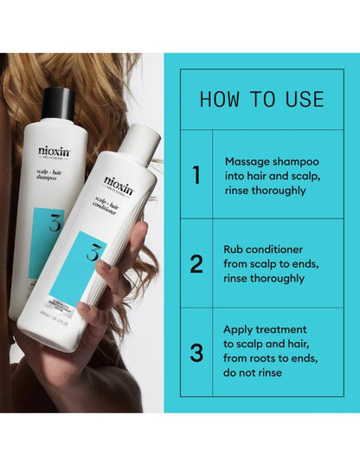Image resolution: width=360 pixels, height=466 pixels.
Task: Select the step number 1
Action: (196, 176)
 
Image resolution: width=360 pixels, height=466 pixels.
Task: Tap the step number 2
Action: (196, 263)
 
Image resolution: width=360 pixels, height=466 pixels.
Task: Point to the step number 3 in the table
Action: (196, 353)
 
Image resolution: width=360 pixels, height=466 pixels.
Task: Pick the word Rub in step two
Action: (235, 249)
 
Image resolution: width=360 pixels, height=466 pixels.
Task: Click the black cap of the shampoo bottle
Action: (57, 101)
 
